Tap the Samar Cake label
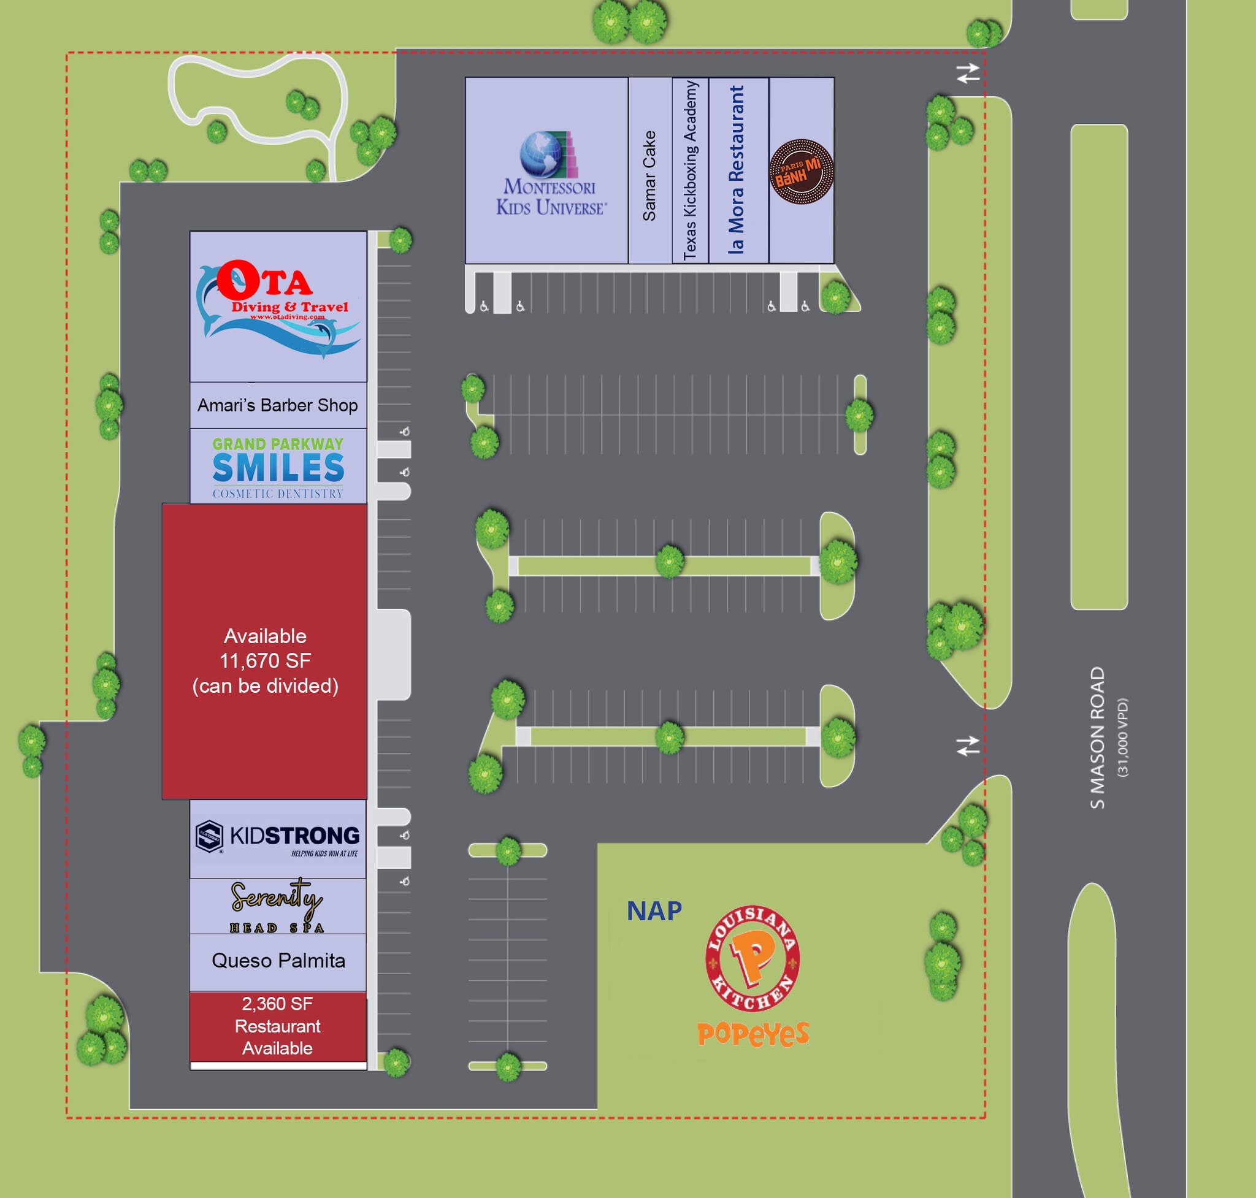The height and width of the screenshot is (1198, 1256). point(649,175)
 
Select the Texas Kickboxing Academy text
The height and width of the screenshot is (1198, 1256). point(690,170)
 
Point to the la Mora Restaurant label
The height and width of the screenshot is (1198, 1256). point(737,170)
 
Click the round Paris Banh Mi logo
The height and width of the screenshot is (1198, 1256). point(801,171)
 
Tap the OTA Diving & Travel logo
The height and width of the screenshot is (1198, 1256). point(278,307)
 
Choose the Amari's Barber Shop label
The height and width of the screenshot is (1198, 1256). point(277,405)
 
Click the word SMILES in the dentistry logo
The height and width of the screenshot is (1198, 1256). point(278,468)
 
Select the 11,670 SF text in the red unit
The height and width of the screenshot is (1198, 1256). point(265,660)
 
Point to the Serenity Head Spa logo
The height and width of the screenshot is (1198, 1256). point(277,906)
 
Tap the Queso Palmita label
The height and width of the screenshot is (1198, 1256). point(278,961)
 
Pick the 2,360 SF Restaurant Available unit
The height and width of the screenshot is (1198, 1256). point(277,1026)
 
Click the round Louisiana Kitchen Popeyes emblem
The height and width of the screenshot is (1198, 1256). point(752,958)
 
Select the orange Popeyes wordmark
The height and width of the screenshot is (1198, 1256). point(752,1033)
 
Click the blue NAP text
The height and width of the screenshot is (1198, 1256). point(654,911)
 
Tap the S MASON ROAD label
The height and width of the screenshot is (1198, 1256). point(1097,738)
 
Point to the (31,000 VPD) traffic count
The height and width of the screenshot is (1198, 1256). point(1122,738)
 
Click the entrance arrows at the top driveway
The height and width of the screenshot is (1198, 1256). point(968,74)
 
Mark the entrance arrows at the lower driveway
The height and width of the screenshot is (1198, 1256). point(968,746)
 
